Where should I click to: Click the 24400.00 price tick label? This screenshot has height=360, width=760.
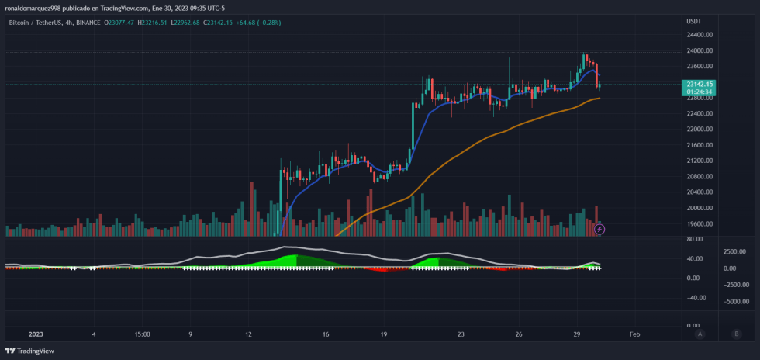click(700, 35)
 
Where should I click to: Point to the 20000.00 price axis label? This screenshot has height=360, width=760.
click(700, 208)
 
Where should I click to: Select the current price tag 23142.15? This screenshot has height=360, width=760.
click(700, 84)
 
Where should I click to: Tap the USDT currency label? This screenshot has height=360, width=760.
click(694, 21)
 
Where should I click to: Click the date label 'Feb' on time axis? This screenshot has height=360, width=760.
click(634, 334)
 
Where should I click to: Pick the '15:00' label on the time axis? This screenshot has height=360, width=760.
click(142, 334)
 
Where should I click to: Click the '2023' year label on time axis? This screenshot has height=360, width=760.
click(36, 334)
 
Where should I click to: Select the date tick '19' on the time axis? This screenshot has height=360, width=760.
click(384, 334)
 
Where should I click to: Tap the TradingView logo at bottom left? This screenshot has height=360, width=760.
click(32, 351)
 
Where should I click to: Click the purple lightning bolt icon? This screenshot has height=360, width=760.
click(599, 229)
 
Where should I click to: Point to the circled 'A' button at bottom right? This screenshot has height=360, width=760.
click(700, 334)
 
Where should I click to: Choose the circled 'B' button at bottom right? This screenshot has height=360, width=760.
click(736, 334)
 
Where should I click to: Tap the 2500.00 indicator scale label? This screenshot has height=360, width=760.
click(734, 251)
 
